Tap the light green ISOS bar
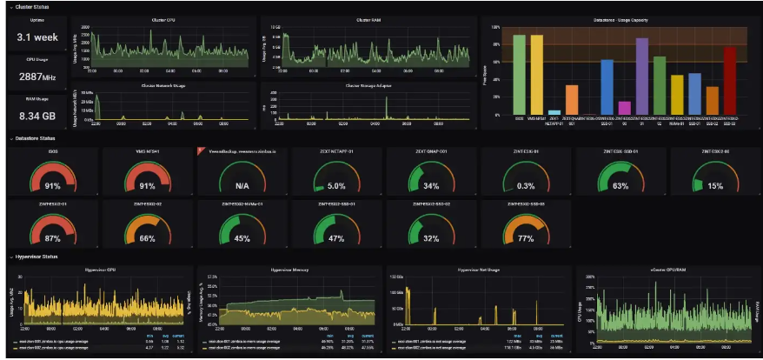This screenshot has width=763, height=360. tap(519, 75)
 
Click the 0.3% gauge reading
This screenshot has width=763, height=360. tap(526, 185)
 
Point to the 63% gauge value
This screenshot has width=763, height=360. tap(620, 185)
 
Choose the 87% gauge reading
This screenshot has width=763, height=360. tap(51, 238)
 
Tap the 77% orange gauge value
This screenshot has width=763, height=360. tap(526, 238)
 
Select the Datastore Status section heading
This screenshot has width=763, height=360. tap(35, 138)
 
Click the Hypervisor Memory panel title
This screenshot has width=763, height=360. tap(283, 270)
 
